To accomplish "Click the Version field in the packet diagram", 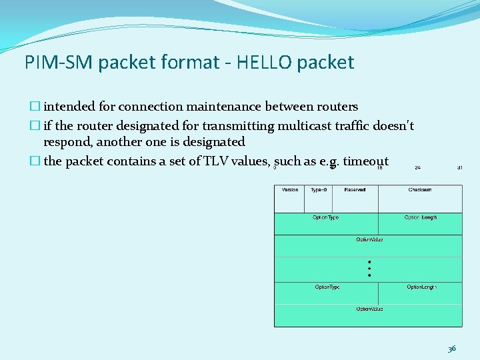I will (x=290, y=190).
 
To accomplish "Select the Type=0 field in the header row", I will (x=319, y=190).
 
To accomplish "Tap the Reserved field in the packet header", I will (x=355, y=190).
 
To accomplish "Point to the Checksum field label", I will (x=420, y=190).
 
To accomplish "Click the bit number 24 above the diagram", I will (x=417, y=167).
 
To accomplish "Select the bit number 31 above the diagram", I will (x=459, y=167).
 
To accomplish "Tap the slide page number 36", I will (x=452, y=348).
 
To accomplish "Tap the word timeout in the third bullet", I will (x=366, y=161).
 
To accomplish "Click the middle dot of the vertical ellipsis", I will (x=369, y=268).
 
